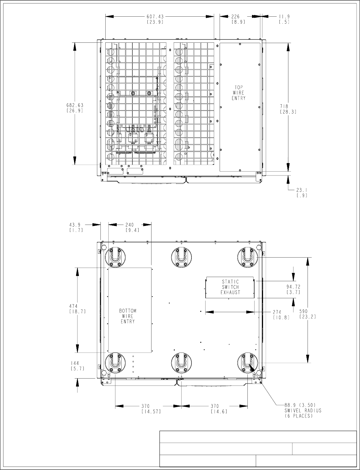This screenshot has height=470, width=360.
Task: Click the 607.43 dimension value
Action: pyautogui.click(x=155, y=17)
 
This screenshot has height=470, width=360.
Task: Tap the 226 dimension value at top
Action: pyautogui.click(x=235, y=17)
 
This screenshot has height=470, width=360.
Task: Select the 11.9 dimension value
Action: pyautogui.click(x=284, y=17)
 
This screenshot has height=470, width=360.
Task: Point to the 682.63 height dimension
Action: pyautogui.click(x=75, y=105)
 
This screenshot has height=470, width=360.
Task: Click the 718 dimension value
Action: pyautogui.click(x=284, y=106)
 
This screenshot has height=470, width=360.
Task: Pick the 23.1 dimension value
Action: pyautogui.click(x=302, y=190)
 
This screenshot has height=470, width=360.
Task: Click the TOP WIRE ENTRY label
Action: pyautogui.click(x=239, y=93)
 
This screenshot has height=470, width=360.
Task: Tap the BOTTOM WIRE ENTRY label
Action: pyautogui.click(x=128, y=316)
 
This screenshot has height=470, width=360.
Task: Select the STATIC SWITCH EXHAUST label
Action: pyautogui.click(x=230, y=287)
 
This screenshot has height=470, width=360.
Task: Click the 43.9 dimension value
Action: pyautogui.click(x=75, y=225)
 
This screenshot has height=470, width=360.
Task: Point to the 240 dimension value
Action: pyautogui.click(x=130, y=225)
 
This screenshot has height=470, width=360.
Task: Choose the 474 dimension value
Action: pyautogui.click(x=73, y=306)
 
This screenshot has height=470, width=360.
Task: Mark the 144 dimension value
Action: pyautogui.click(x=75, y=363)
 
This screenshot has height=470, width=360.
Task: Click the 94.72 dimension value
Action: pyautogui.click(x=293, y=287)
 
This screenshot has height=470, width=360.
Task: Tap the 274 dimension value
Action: pyautogui.click(x=277, y=312)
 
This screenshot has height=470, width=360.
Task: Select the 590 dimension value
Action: pyautogui.click(x=303, y=311)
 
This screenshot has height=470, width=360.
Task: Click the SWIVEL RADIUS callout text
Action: pyautogui.click(x=303, y=410)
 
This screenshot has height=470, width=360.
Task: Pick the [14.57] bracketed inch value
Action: pyautogui.click(x=152, y=411)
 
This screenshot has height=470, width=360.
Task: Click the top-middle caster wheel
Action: pyautogui.click(x=181, y=257)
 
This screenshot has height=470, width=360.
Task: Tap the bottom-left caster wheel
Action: pyautogui.click(x=115, y=363)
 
